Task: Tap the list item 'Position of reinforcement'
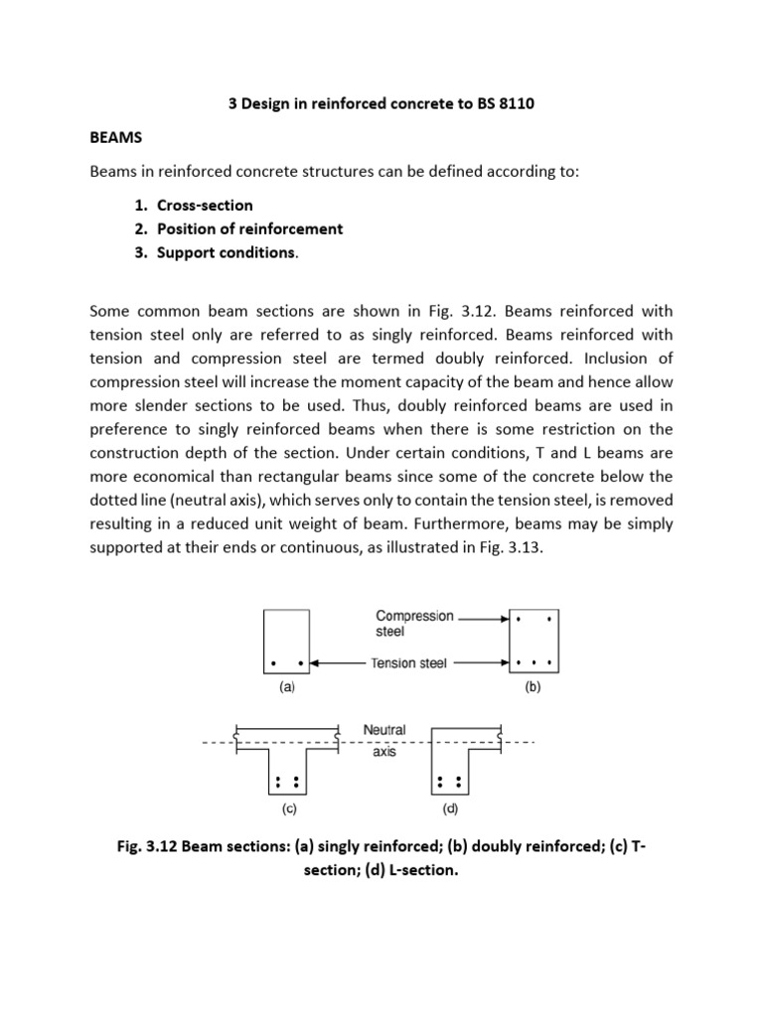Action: click(249, 228)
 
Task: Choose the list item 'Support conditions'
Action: click(226, 252)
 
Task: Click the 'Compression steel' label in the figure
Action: click(414, 623)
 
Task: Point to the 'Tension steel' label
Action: click(409, 663)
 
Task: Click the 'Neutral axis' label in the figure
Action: click(384, 741)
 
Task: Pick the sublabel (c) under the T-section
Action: click(288, 808)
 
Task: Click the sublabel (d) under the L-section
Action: click(449, 808)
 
